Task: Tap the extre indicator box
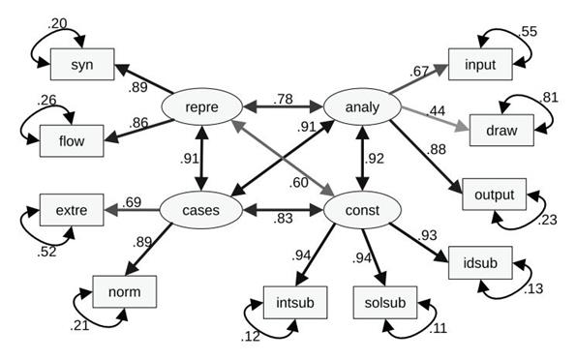(69, 209)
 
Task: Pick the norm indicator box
(123, 289)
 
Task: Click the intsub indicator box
(294, 303)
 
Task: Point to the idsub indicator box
(480, 263)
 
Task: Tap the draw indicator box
(501, 130)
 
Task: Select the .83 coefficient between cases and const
(282, 222)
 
